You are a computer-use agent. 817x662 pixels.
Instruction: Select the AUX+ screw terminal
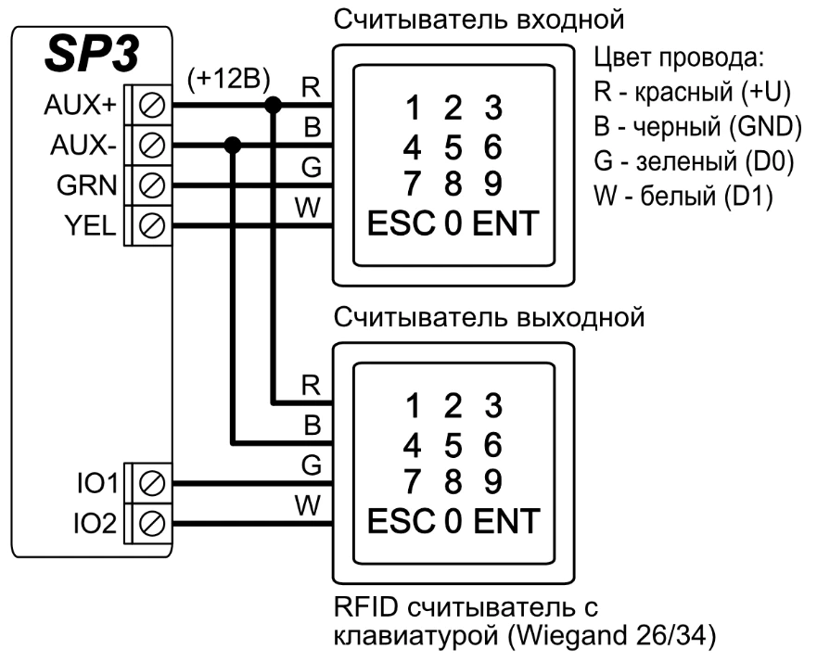(x=151, y=106)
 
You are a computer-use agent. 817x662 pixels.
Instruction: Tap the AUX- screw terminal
(x=151, y=146)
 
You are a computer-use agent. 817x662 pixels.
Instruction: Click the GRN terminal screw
(x=151, y=185)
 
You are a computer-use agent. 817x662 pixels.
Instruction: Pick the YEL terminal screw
(x=151, y=223)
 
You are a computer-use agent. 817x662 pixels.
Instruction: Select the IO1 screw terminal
(x=151, y=482)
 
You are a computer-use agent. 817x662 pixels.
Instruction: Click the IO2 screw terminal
(x=151, y=521)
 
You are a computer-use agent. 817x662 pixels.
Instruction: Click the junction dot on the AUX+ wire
(x=273, y=106)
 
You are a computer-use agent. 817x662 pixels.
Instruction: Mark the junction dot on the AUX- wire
(x=233, y=146)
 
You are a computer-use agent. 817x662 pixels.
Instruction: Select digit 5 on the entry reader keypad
(x=453, y=147)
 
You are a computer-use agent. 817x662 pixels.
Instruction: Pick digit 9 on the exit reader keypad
(x=494, y=482)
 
